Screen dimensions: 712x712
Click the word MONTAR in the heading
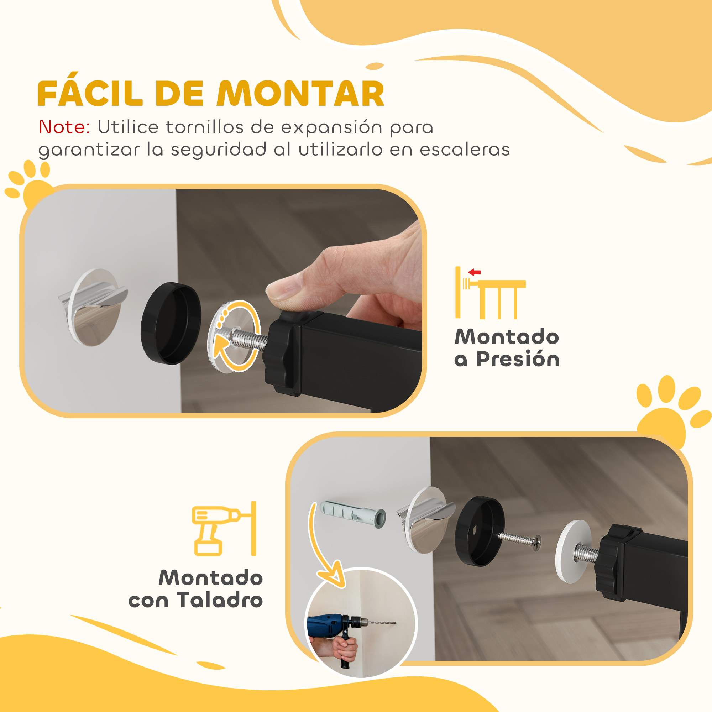point(300,94)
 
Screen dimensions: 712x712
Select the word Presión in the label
point(518,359)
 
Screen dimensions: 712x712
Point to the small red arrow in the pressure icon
point(474,272)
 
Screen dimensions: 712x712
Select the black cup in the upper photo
point(171,323)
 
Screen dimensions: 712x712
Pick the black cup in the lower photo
point(480,531)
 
